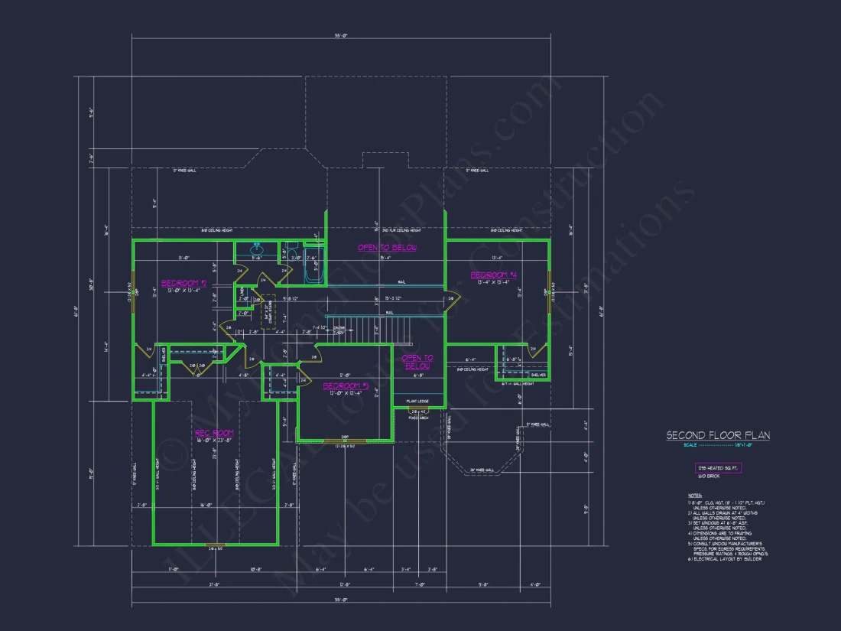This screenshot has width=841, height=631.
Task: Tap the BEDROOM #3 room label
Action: coord(346,385)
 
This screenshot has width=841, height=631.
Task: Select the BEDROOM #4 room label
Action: coord(494,275)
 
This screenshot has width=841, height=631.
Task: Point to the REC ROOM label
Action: coord(214,433)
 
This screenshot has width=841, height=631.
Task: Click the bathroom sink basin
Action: coord(258,249)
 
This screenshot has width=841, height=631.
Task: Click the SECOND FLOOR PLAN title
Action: coord(718,435)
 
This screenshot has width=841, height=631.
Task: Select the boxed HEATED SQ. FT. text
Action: coord(718,467)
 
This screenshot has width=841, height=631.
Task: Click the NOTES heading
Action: coord(694,495)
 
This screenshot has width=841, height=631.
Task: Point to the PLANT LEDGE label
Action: coord(417,401)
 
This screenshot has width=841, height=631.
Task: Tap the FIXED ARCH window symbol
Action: coord(418,412)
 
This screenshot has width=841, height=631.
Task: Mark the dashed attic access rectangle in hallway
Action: coord(268,312)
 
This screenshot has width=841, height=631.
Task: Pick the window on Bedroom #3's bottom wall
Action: coord(345,441)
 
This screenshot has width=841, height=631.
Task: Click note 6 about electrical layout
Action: coord(726,559)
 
